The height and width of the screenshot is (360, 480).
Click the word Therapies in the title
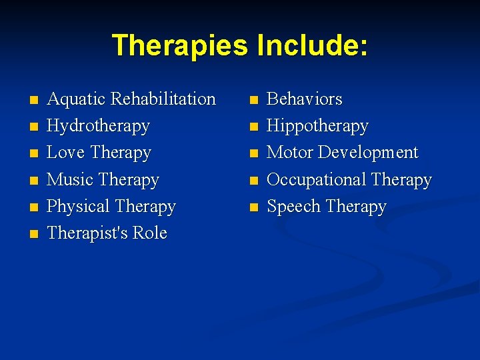(x=179, y=45)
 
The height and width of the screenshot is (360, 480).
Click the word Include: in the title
(x=309, y=45)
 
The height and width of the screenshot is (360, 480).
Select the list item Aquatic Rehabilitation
(x=131, y=99)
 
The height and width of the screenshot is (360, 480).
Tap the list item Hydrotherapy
(x=98, y=126)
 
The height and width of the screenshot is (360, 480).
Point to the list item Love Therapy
(x=99, y=153)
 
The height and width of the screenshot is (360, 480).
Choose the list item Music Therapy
(x=103, y=180)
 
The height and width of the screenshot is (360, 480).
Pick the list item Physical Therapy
(x=111, y=207)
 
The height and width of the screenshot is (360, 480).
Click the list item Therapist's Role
(x=107, y=233)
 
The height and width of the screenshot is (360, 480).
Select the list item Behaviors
(x=304, y=99)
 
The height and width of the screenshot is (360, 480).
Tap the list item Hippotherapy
(x=317, y=126)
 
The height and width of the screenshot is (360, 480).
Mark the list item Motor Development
(x=342, y=153)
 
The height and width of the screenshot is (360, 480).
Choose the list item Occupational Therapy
(x=349, y=180)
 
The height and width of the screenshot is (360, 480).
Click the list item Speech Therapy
(x=326, y=207)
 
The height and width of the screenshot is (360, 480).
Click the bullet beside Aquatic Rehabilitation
(x=34, y=101)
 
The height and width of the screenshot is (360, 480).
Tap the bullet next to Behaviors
(x=253, y=101)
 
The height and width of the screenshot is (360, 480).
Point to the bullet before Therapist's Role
(x=34, y=235)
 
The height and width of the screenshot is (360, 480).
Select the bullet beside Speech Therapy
(x=253, y=208)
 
